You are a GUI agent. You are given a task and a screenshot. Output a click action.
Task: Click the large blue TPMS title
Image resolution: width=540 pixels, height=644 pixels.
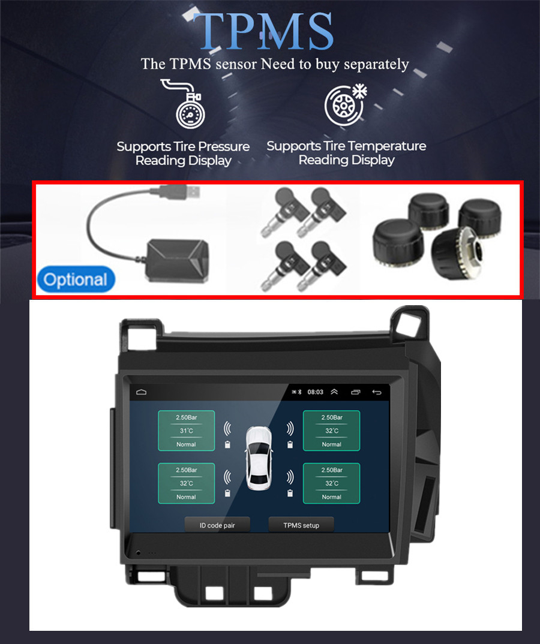tap(263, 31)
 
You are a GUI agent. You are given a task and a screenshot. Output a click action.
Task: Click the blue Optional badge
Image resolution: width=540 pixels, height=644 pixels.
tap(76, 279)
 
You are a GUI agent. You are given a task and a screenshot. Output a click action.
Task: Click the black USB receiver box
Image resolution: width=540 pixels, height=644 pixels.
tap(178, 261)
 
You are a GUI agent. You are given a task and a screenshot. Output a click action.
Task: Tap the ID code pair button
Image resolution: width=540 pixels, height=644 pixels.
tap(217, 525)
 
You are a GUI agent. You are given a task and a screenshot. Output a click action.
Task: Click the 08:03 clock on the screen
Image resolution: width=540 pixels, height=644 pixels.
tap(315, 392)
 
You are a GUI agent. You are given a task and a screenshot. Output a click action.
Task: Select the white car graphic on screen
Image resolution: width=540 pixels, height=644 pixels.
tap(259, 458)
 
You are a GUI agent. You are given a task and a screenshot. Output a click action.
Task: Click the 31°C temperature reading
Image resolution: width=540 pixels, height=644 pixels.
tap(186, 431)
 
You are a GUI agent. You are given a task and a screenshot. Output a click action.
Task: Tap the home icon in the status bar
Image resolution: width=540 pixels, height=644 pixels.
tap(141, 392)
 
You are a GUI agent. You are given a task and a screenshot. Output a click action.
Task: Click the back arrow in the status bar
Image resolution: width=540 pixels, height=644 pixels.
tap(376, 392)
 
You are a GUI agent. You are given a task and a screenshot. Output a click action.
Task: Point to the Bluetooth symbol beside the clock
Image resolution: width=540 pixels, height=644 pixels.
tap(299, 392)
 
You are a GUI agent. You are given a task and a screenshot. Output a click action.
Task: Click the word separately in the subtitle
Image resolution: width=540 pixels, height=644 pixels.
tap(376, 65)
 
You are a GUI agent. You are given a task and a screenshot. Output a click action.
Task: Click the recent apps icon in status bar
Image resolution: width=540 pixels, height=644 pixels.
tap(355, 392)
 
